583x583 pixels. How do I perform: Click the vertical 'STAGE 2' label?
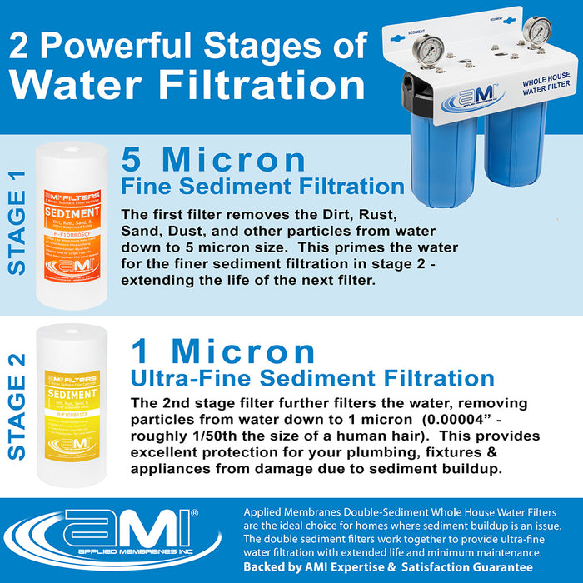point(17,406)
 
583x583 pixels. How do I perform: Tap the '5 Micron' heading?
point(213,160)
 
